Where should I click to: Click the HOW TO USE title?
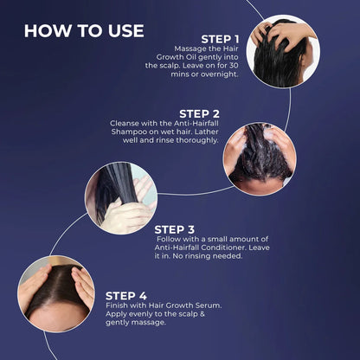tap(84, 31)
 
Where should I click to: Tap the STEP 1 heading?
tap(220, 39)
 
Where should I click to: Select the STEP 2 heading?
tap(199, 114)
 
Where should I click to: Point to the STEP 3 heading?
tap(175, 229)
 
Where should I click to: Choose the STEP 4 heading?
tap(126, 296)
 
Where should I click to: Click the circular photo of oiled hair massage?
tap(283, 51)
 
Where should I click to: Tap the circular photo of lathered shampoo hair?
tap(260, 159)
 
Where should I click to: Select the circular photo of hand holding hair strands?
tap(121, 198)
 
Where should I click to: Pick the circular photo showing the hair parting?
tap(56, 294)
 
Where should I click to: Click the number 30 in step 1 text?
tap(234, 66)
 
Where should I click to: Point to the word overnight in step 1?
tap(220, 74)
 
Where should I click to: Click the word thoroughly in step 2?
tap(197, 141)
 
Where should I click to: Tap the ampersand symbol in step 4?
tap(202, 314)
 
